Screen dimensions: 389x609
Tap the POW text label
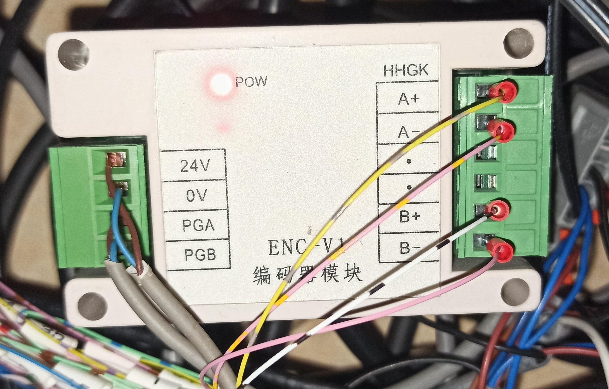(251, 82)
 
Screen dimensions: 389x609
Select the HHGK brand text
(406, 70)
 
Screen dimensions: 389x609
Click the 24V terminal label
(195, 166)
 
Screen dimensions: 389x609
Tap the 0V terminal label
(197, 195)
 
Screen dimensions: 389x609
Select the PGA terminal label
(198, 225)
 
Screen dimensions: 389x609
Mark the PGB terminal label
(200, 255)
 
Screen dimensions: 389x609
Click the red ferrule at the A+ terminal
(503, 91)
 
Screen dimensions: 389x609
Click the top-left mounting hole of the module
(73, 55)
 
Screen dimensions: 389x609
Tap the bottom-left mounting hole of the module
(92, 307)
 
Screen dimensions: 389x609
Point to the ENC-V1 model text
(306, 247)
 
